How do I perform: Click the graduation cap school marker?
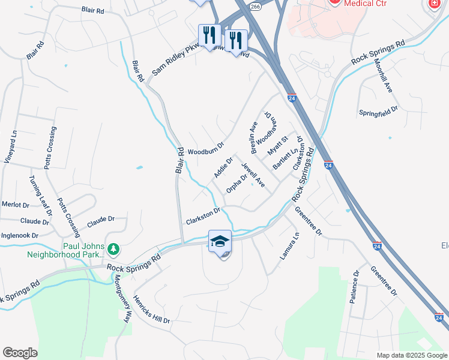(x=220, y=241)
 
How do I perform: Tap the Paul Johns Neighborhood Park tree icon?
(x=113, y=248)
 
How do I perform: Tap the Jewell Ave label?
(x=253, y=175)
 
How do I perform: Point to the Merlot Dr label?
(x=15, y=205)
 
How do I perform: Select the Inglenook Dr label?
(x=19, y=235)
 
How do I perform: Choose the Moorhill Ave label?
(x=383, y=75)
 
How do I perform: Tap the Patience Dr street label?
(x=355, y=287)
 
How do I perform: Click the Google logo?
(x=20, y=353)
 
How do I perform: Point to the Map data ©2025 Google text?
(x=412, y=355)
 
